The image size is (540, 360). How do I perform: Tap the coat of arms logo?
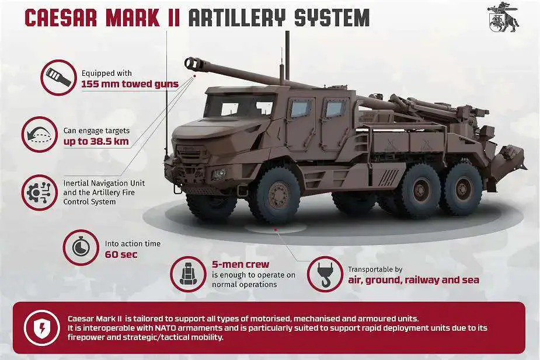coord(503,19)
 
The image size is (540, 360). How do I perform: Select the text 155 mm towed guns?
coord(130,84)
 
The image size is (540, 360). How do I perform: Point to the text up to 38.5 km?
coord(96,142)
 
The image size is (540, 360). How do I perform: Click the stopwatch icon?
coord(79,247)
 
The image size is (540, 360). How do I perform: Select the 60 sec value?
coord(117,254)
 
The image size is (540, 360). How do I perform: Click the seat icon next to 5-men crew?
coord(187,273)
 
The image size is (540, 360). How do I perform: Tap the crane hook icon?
coord(325,273)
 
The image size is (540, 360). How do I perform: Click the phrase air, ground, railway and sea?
coord(413,280)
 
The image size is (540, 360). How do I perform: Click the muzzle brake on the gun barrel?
coord(191,62)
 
